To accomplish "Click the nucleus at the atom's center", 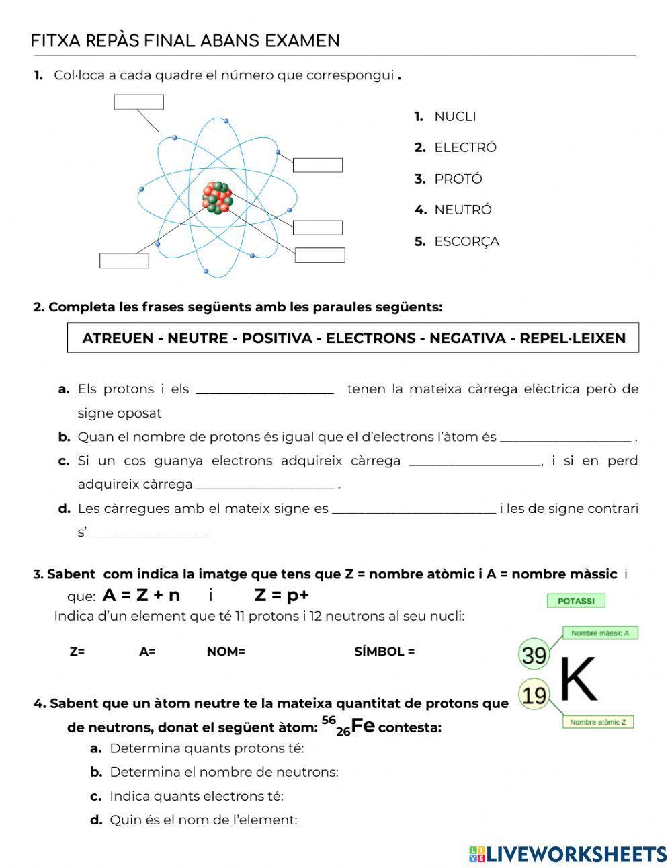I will (218, 198).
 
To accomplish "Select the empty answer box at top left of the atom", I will (138, 102).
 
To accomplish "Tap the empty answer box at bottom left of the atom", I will (124, 261).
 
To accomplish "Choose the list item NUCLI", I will (454, 116).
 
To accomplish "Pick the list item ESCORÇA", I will (466, 241).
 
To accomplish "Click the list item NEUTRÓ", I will (462, 210).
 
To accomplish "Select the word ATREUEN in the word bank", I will (118, 338).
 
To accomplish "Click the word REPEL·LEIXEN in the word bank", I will (573, 338).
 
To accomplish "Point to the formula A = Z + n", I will (141, 595).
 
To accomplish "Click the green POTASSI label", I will (576, 601).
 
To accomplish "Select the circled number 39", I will (534, 654).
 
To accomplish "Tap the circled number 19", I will (534, 695).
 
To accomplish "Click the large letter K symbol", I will (578, 678).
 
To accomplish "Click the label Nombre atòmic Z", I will (597, 723).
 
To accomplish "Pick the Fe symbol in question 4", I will (362, 726).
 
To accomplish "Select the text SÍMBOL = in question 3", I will (384, 652).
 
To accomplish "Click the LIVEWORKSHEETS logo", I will (568, 854).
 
